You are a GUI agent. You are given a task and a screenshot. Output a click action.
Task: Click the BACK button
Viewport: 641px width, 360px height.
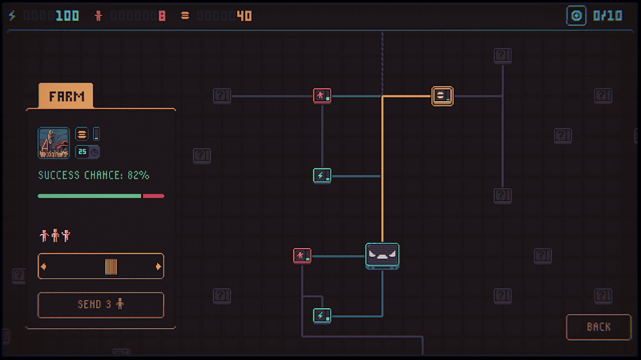[x=598, y=327]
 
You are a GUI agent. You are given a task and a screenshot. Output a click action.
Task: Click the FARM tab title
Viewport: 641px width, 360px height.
[x=66, y=97]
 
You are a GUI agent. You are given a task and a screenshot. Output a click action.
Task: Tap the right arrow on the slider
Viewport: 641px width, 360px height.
[x=158, y=266]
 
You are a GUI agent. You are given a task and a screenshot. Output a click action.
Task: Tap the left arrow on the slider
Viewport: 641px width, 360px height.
[x=43, y=266]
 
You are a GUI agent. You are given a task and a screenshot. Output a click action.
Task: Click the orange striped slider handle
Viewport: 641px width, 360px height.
[x=111, y=266]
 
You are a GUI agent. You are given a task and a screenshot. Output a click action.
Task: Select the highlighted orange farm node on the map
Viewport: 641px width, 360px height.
[x=442, y=96]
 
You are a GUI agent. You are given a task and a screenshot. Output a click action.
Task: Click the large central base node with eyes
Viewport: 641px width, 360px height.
[x=382, y=256]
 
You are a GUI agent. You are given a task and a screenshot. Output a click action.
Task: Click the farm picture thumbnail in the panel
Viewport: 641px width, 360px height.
[x=54, y=142]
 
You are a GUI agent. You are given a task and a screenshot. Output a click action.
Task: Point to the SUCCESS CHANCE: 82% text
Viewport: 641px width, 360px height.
[x=94, y=175]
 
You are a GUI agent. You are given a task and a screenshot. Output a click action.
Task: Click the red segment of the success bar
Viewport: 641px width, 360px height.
[x=153, y=196]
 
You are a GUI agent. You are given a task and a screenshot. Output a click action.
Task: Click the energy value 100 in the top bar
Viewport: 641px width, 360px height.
[x=67, y=15]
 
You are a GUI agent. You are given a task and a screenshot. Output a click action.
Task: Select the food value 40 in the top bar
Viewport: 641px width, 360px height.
[x=244, y=15]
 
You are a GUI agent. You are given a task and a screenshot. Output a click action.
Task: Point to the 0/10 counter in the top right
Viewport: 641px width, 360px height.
[x=608, y=15]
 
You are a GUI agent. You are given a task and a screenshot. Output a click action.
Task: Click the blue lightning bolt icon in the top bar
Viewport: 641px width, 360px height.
[x=12, y=15]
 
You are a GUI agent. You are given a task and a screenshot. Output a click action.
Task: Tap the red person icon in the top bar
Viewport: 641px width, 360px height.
[x=98, y=15]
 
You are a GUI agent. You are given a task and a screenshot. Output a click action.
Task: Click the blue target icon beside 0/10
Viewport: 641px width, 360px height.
[x=576, y=15]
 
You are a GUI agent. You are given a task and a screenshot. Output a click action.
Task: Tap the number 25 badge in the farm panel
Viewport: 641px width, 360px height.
[x=82, y=152]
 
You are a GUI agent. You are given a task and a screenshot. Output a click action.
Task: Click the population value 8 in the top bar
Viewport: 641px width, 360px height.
[x=162, y=15]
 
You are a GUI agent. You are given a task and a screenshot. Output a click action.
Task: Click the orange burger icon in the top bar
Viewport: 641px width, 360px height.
[x=185, y=15]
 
